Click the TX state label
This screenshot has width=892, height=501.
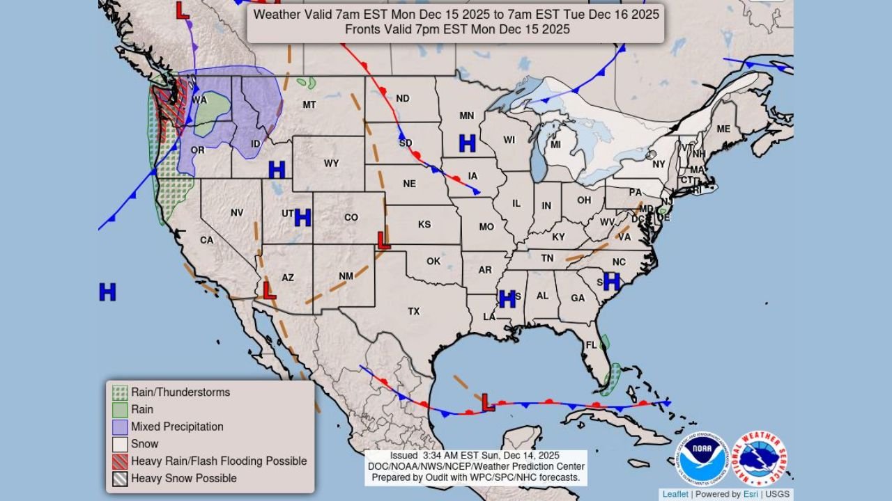pyautogui.click(x=414, y=311)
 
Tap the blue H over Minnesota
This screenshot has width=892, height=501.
pyautogui.click(x=467, y=143)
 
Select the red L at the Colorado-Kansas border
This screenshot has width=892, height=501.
pyautogui.click(x=383, y=241)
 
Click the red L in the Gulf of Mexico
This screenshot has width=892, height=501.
pyautogui.click(x=488, y=401)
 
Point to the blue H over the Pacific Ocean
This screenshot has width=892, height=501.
pyautogui.click(x=107, y=292)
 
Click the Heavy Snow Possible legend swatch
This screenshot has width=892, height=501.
pyautogui.click(x=121, y=479)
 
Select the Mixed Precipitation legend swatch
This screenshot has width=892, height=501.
pyautogui.click(x=121, y=427)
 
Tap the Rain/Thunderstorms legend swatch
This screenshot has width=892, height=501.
pyautogui.click(x=121, y=392)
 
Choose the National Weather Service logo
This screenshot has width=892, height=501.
pyautogui.click(x=759, y=459)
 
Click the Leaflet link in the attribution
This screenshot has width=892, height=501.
pyautogui.click(x=675, y=494)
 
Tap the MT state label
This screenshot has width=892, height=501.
pyautogui.click(x=309, y=105)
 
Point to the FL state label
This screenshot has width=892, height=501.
pyautogui.click(x=592, y=345)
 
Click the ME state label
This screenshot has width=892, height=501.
pyautogui.click(x=723, y=129)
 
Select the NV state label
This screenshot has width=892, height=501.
pyautogui.click(x=237, y=212)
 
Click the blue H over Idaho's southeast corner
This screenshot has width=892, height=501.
pyautogui.click(x=277, y=169)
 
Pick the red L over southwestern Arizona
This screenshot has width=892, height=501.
pyautogui.click(x=268, y=289)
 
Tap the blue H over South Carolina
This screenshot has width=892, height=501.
pyautogui.click(x=611, y=281)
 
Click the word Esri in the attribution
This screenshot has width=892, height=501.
pyautogui.click(x=750, y=494)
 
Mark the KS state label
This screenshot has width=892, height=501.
pyautogui.click(x=424, y=225)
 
